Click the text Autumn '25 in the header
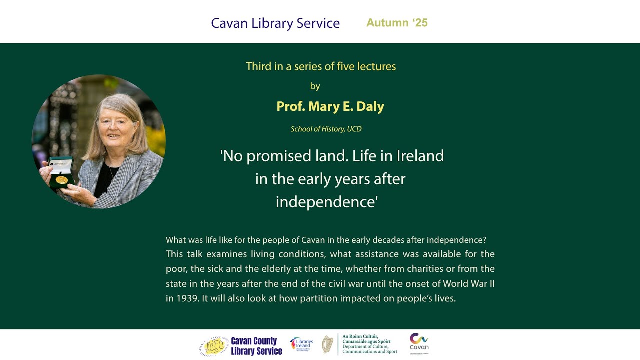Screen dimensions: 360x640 click(397, 23)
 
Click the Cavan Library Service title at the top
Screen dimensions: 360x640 click(275, 23)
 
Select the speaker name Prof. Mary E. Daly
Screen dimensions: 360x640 click(330, 106)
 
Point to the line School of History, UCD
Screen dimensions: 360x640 click(326, 129)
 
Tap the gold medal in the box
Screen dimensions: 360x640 click(62, 179)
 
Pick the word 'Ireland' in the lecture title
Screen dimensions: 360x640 click(420, 156)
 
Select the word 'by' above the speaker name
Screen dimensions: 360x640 click(315, 86)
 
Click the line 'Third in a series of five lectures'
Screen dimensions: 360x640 click(321, 66)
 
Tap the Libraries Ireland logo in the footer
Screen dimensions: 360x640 click(301, 344)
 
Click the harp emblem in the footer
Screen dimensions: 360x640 click(327, 345)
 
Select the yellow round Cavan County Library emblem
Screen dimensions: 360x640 click(213, 346)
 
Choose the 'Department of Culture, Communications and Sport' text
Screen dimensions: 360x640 click(370, 349)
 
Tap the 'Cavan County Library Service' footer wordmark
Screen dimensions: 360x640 click(256, 346)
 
